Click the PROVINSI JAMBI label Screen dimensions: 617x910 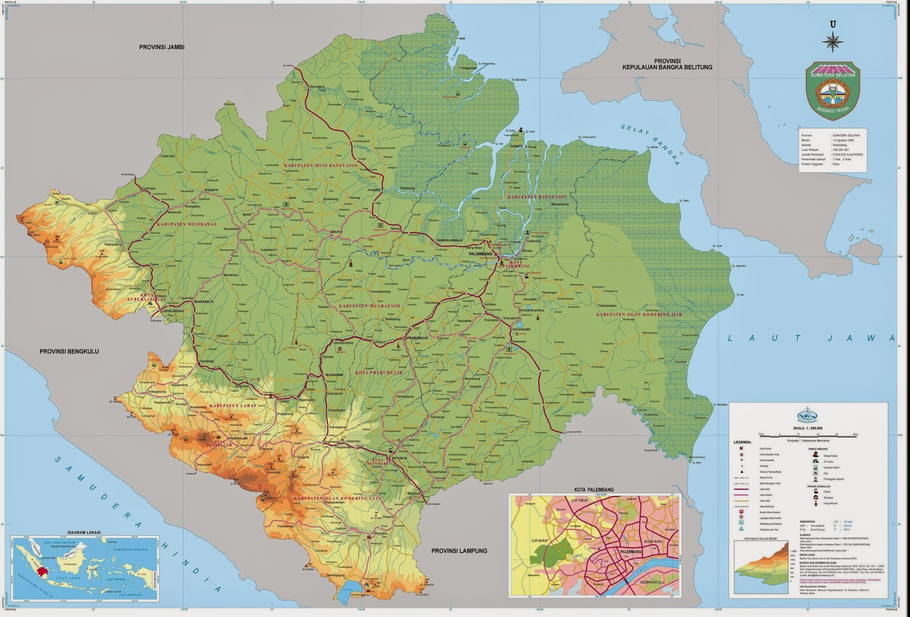(162, 47)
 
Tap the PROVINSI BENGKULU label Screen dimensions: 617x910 (69, 351)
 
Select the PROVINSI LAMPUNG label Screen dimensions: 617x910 (459, 550)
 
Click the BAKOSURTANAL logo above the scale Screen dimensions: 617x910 (808, 415)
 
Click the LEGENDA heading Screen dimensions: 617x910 (742, 442)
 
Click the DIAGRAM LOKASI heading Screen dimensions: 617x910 (84, 532)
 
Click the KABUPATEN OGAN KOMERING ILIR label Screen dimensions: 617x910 (639, 314)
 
